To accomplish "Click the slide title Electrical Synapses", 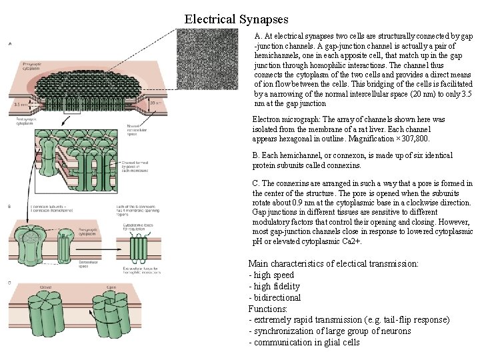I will click(236, 20).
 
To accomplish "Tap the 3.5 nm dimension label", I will click(20, 105).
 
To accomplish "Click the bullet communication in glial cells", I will click(307, 343).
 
